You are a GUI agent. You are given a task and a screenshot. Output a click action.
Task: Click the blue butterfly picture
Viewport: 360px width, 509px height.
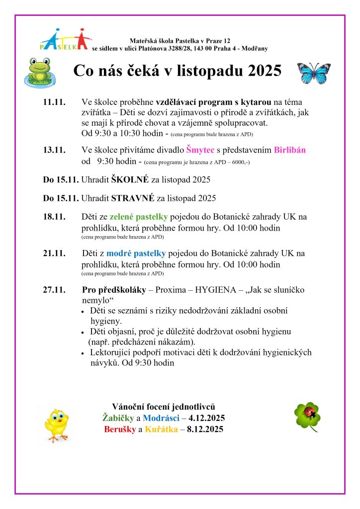point(313,73)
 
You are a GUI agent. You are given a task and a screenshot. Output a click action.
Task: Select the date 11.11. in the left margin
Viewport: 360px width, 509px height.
point(54,102)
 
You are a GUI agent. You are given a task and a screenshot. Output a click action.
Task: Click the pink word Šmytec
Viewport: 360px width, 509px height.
point(200,150)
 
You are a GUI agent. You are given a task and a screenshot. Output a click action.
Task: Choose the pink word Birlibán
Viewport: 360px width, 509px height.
point(288,150)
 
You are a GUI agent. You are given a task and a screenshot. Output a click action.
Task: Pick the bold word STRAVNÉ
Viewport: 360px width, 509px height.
point(133,198)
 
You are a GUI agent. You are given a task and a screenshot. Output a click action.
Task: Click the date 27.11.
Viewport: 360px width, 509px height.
point(54,290)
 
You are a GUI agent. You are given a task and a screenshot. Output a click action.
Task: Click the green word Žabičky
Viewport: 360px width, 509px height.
point(118,418)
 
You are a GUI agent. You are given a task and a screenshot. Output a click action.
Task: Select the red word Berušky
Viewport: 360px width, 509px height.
point(120,429)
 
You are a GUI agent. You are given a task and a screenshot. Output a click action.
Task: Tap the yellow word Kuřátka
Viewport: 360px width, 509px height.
point(162,429)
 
